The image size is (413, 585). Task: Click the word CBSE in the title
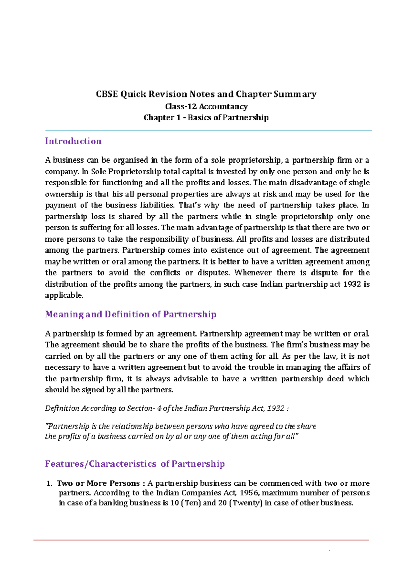(x=107, y=94)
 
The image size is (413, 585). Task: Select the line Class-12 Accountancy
(x=206, y=106)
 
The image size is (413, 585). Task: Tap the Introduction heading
(x=73, y=141)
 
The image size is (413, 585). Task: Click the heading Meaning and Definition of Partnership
(x=130, y=314)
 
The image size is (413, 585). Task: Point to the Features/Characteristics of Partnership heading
(x=135, y=464)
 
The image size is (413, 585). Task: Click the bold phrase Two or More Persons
(x=98, y=483)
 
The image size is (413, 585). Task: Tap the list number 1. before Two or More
(x=49, y=483)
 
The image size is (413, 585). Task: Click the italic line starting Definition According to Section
(x=167, y=408)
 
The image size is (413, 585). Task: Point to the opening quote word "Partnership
(x=67, y=427)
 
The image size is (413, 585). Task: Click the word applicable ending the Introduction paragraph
(x=64, y=295)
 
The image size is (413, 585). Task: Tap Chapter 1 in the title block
(x=162, y=117)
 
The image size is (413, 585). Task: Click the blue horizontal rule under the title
(x=208, y=131)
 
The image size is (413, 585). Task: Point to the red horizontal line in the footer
(x=201, y=540)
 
